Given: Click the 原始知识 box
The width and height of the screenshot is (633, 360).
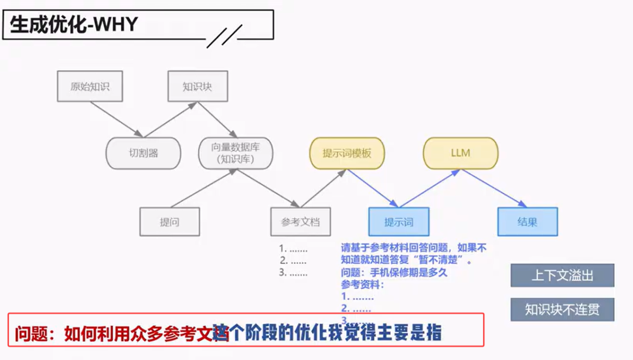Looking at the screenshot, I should click(90, 87).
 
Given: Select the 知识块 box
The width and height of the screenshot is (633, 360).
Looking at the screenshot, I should click(197, 87).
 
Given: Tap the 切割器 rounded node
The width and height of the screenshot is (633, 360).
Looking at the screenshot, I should click(144, 153).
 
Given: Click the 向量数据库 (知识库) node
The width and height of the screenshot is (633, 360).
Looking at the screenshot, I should click(236, 153).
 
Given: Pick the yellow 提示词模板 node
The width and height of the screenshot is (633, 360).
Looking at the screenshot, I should click(346, 153).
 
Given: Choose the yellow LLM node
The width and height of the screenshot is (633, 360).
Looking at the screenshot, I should click(460, 153).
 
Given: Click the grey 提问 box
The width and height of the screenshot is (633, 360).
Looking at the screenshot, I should click(169, 222).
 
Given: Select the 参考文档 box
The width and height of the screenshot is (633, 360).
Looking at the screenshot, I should click(300, 222).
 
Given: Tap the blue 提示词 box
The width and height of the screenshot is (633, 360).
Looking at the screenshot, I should click(399, 222).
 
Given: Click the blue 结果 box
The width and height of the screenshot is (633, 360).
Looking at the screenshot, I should click(527, 222).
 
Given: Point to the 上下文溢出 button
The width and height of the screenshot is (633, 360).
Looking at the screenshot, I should click(561, 276).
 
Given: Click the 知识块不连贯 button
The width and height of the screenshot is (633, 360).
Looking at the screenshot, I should click(561, 310).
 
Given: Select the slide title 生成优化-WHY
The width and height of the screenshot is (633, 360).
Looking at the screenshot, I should click(74, 25).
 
